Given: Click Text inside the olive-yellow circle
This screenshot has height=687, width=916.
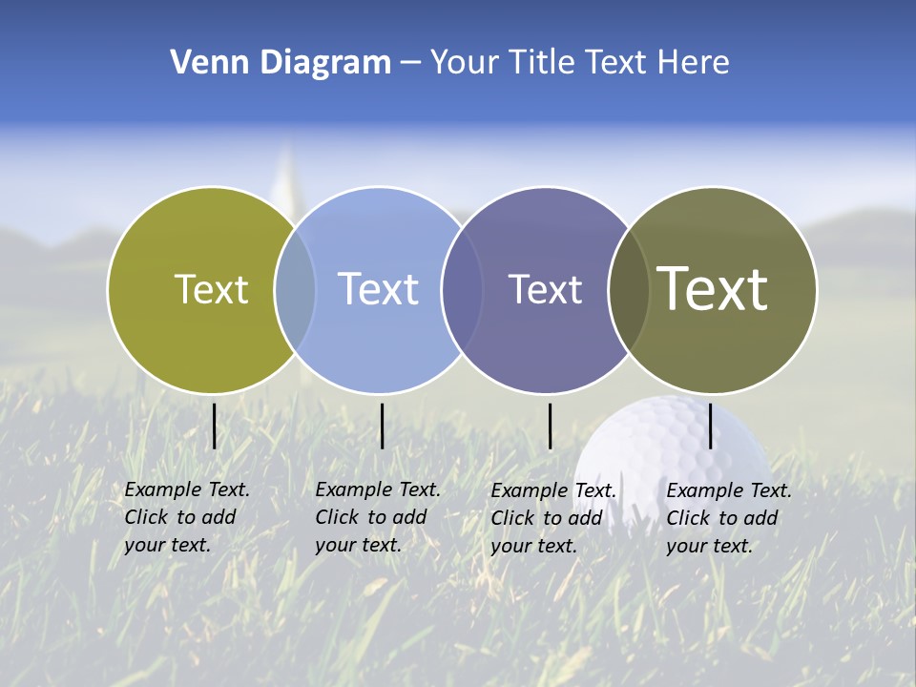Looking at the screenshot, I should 211,289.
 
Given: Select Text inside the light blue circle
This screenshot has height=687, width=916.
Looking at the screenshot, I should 378,289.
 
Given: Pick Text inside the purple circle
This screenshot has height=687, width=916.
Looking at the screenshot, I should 545,290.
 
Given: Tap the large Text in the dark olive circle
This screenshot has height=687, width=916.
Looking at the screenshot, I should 713,288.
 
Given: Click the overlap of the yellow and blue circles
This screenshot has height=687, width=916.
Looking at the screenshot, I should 295,289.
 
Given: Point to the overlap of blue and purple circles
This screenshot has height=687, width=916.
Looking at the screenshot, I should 462,290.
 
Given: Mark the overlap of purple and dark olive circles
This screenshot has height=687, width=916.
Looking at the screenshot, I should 629,290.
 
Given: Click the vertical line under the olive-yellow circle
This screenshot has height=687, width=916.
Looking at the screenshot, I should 214,426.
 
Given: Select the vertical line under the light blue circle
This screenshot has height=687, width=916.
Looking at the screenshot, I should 382,426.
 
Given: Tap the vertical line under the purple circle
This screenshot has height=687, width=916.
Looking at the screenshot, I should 550,426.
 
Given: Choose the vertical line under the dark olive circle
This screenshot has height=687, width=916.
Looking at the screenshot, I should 710,426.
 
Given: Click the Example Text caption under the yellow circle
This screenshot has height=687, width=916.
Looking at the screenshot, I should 186,517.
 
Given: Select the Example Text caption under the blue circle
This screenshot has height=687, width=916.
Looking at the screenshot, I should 377,517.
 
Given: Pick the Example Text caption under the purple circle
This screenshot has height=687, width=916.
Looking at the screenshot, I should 552,518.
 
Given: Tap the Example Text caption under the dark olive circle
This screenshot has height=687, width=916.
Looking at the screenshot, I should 728,518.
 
